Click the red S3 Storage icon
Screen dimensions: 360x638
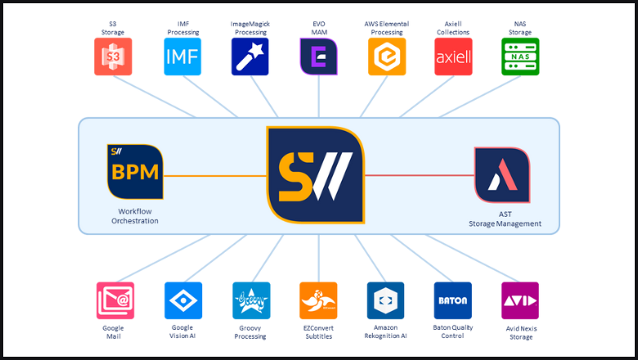[x=114, y=56]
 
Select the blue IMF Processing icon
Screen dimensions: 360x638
[x=182, y=56]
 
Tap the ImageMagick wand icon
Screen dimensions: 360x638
[x=251, y=56]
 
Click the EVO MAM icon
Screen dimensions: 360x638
[x=318, y=56]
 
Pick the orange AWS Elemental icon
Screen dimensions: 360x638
[x=386, y=56]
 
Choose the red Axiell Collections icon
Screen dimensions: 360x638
[x=453, y=56]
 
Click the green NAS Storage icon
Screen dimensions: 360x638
[x=520, y=56]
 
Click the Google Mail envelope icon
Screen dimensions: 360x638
[x=115, y=301]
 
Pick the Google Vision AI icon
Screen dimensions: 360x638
[x=183, y=301]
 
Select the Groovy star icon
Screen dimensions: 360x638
[x=251, y=301]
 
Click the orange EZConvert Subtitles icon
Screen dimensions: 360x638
[x=318, y=301]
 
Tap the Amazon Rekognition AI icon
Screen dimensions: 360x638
[x=386, y=301]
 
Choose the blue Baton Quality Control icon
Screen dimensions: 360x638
[x=453, y=301]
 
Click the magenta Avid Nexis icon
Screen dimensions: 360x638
[x=520, y=301]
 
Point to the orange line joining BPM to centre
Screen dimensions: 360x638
[x=214, y=175]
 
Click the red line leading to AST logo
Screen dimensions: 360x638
[x=419, y=175]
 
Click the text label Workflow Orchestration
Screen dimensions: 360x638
[x=133, y=215]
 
